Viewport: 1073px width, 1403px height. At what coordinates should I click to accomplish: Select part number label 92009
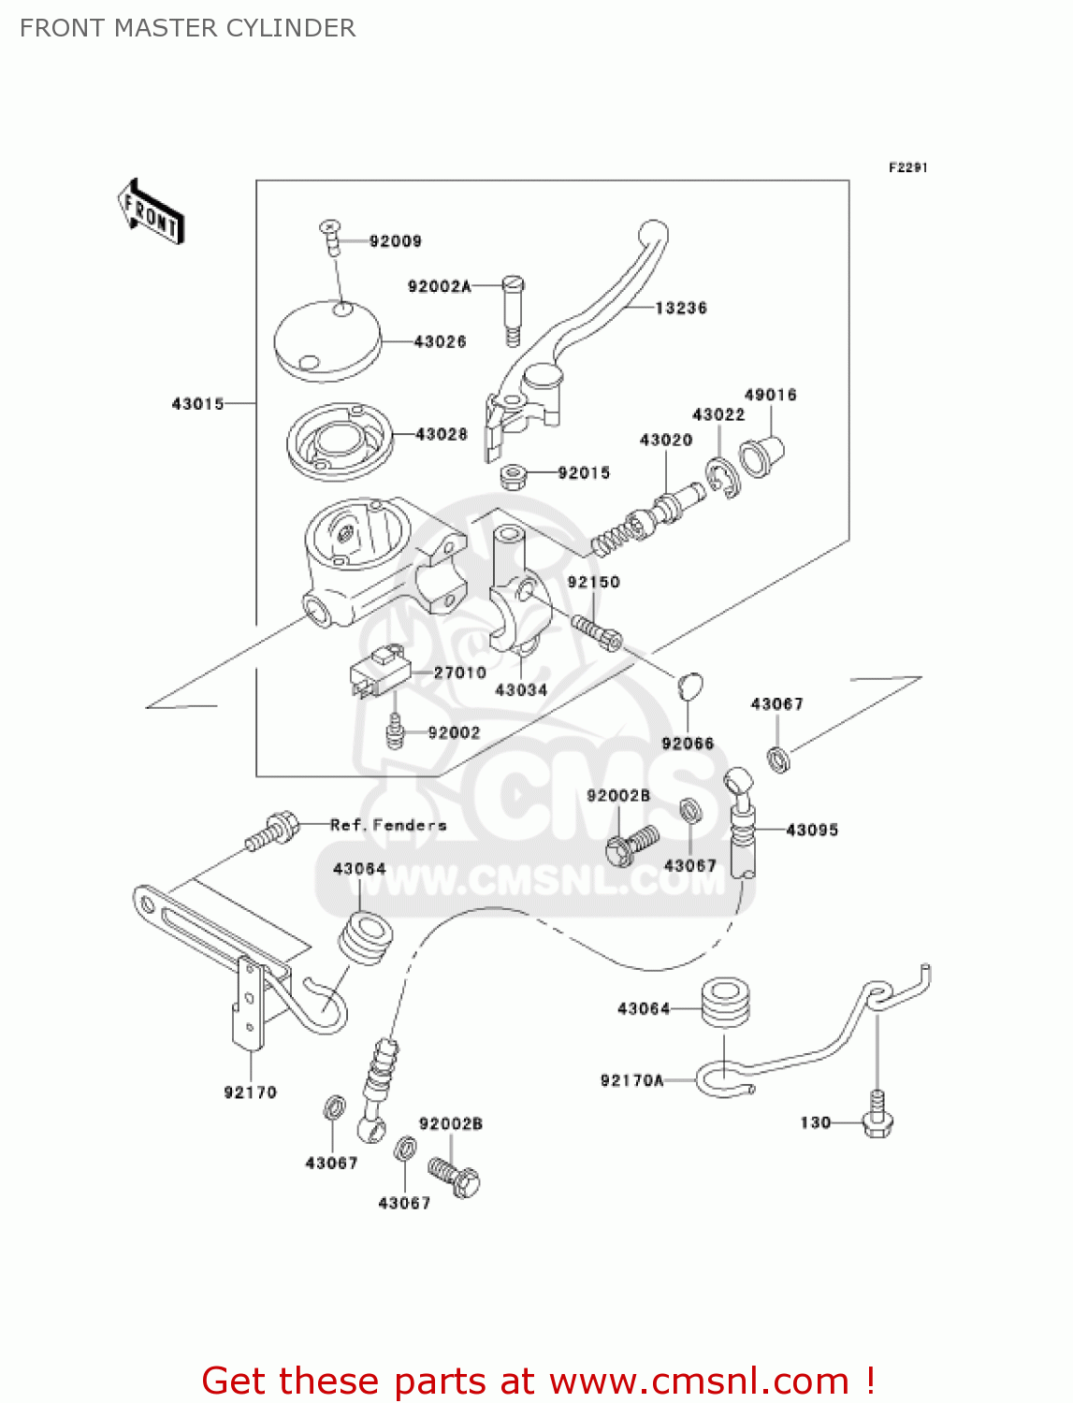click(x=395, y=241)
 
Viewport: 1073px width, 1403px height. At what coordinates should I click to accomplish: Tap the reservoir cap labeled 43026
click(x=327, y=340)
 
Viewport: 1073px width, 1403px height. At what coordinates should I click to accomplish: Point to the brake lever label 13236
click(x=680, y=308)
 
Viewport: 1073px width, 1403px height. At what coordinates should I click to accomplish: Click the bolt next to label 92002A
click(x=513, y=309)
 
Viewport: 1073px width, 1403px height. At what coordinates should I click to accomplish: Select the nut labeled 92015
click(x=512, y=477)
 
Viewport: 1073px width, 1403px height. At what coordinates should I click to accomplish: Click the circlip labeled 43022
click(x=722, y=477)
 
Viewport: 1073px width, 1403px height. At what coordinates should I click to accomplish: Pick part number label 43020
click(x=665, y=440)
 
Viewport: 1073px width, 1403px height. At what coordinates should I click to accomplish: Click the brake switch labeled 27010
click(x=380, y=672)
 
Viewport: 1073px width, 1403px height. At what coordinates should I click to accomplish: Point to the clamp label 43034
click(x=520, y=690)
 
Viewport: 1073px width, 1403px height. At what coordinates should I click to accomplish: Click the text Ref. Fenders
click(x=388, y=825)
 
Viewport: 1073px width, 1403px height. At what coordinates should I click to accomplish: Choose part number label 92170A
click(x=631, y=1080)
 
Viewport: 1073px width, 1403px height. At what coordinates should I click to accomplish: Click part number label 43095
click(x=812, y=830)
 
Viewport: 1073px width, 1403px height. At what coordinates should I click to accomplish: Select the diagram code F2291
click(x=907, y=167)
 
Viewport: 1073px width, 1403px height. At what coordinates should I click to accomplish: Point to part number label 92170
click(x=250, y=1092)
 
